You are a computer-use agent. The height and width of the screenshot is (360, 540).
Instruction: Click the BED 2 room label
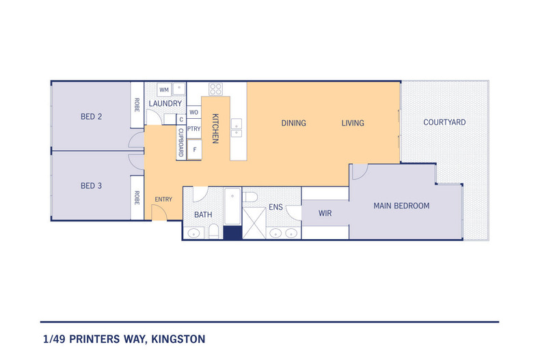tap(91, 117)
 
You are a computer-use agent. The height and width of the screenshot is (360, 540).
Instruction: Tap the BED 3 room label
tap(91, 185)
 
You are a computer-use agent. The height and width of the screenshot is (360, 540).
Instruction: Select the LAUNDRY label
tap(165, 104)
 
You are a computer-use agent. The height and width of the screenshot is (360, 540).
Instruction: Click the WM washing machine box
tap(164, 89)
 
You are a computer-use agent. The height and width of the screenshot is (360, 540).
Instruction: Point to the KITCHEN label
tap(215, 128)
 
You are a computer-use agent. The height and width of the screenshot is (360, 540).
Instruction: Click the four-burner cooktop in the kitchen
tap(216, 89)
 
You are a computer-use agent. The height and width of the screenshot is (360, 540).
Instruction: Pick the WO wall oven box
tap(194, 112)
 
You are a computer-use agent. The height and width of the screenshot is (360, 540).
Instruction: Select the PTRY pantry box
tap(194, 128)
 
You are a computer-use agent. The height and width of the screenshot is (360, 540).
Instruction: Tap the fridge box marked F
tap(195, 149)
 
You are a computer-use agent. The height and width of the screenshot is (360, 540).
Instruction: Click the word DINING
tap(294, 124)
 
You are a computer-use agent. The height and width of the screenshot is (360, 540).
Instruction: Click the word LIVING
tap(353, 124)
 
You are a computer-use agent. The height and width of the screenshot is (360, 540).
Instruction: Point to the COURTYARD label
tap(444, 123)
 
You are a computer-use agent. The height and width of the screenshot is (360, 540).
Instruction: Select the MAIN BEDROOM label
tap(401, 206)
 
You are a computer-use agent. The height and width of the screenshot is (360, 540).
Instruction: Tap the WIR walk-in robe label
tap(325, 214)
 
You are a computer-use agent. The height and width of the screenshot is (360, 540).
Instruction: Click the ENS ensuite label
tap(275, 206)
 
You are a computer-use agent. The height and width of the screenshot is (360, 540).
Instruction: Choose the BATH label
tap(203, 214)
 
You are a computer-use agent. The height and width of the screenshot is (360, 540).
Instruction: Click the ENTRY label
tap(163, 199)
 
